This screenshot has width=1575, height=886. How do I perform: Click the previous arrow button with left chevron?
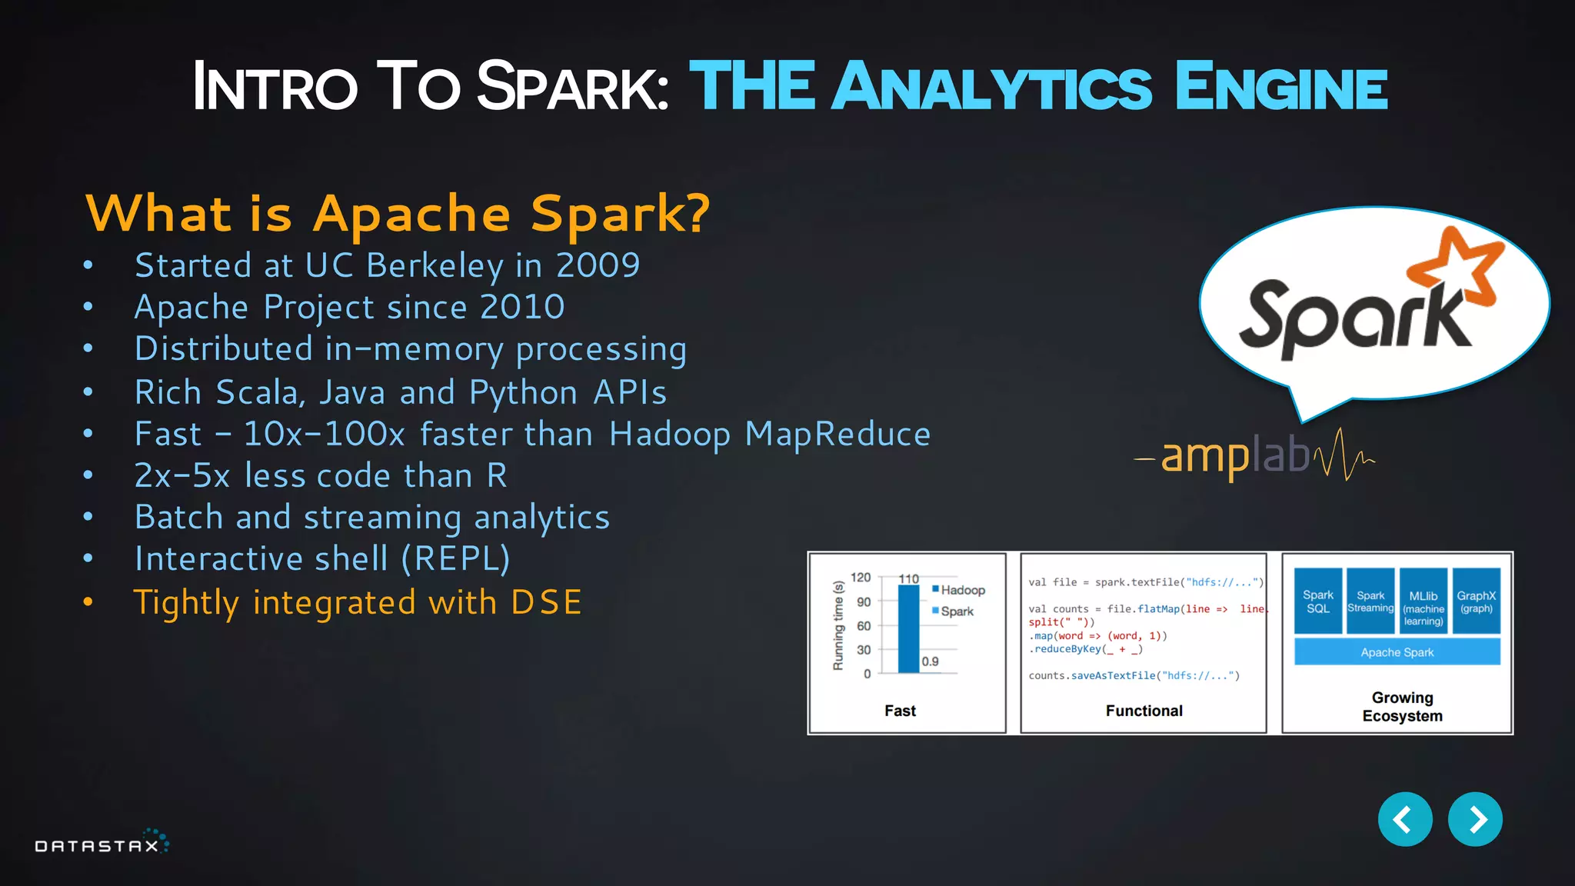1404,819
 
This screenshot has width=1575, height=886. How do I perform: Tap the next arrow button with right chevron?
1474,819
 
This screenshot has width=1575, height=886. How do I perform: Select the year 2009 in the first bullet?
598,265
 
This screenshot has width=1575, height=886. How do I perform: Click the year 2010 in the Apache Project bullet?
522,307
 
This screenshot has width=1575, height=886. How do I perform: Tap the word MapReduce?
837,434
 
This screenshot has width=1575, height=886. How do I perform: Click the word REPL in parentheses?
455,558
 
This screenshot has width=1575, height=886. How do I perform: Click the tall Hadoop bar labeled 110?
908,628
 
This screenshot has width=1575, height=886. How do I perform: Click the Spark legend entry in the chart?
956,611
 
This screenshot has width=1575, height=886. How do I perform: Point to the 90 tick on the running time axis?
864,602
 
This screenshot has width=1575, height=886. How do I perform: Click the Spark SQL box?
1317,601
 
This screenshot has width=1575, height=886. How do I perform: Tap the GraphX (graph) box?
1476,601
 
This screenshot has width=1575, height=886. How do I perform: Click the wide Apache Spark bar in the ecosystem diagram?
1397,652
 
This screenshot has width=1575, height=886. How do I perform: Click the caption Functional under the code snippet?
1144,711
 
